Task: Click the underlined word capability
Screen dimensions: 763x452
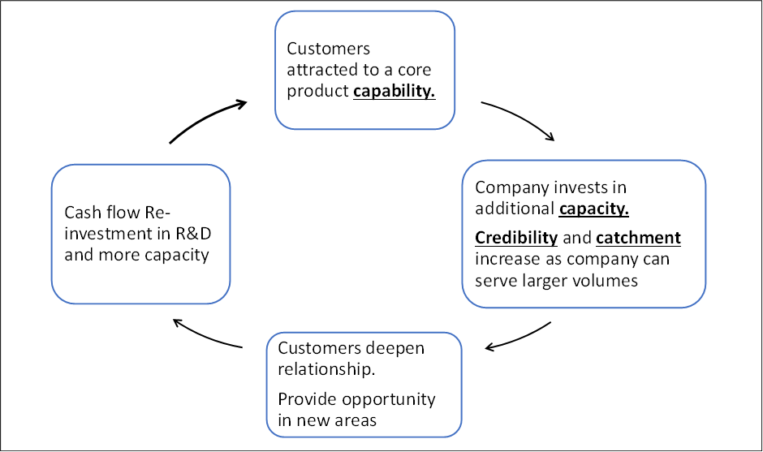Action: coord(394,92)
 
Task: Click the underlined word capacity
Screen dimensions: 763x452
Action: coord(593,209)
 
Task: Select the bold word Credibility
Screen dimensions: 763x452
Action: coord(516,238)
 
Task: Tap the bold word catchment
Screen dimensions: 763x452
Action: coord(639,238)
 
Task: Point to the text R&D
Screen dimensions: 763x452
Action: coord(193,234)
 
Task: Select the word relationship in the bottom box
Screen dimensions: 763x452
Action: coord(326,369)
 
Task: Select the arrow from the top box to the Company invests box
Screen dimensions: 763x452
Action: coord(520,117)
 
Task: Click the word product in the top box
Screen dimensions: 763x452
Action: coord(317,92)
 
